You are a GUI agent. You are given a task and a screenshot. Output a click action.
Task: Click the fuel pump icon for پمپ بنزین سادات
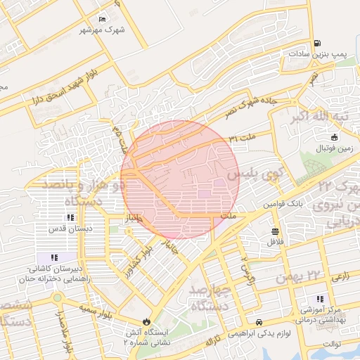[317, 43]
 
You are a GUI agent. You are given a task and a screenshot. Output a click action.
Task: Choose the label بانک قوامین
[283, 202]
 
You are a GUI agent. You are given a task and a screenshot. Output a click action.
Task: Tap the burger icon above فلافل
[274, 231]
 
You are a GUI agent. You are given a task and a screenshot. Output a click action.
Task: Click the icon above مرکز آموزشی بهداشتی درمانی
[321, 298]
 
